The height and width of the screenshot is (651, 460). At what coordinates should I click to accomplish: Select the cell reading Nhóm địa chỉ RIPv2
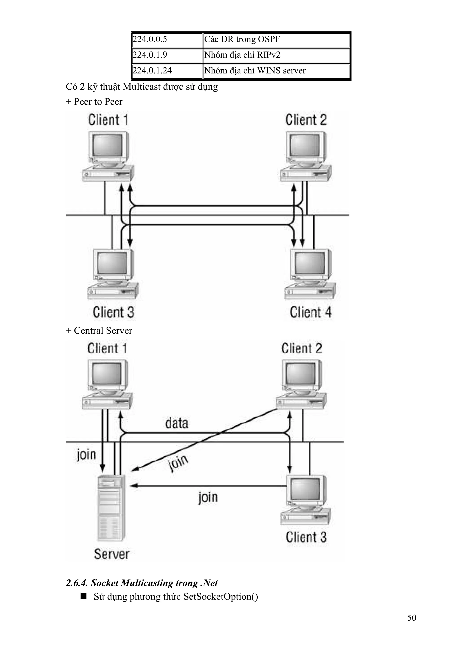[x=276, y=55]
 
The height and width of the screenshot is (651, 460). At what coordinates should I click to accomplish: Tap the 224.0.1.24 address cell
[x=167, y=71]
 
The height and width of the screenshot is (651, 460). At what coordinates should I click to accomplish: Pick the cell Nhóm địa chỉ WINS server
[x=276, y=71]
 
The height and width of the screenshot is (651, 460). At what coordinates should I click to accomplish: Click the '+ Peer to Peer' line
[x=94, y=102]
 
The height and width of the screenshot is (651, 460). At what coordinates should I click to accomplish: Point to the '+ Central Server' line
[x=99, y=331]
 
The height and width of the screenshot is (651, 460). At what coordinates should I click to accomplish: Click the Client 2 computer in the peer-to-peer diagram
[x=305, y=156]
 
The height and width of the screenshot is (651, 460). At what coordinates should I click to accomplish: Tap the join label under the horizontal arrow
[x=208, y=497]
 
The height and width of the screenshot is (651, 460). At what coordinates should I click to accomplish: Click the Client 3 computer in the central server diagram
[x=306, y=500]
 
